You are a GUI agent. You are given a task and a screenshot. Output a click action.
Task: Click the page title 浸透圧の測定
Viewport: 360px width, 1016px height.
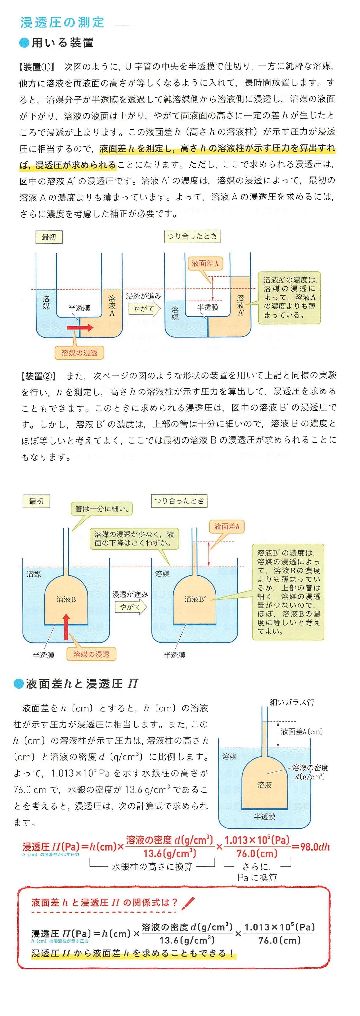pyautogui.click(x=62, y=22)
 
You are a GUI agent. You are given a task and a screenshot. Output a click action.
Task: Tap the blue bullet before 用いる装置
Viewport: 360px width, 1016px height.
pyautogui.click(x=25, y=43)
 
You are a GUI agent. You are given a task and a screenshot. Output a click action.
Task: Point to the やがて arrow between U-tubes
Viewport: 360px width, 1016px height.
pyautogui.click(x=144, y=308)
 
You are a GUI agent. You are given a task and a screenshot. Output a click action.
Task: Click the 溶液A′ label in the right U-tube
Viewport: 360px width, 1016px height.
pyautogui.click(x=241, y=305)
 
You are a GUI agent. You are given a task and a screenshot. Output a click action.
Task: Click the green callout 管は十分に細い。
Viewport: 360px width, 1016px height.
pyautogui.click(x=102, y=508)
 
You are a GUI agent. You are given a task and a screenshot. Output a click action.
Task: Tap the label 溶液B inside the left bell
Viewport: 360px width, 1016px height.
pyautogui.click(x=66, y=599)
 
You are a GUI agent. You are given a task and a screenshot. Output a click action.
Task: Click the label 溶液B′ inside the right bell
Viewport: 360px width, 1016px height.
pyautogui.click(x=195, y=599)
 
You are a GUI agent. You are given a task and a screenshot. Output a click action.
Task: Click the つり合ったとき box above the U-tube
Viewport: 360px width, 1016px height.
pyautogui.click(x=192, y=236)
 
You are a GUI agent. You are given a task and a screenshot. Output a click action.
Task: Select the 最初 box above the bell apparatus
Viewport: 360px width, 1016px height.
pyautogui.click(x=36, y=501)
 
